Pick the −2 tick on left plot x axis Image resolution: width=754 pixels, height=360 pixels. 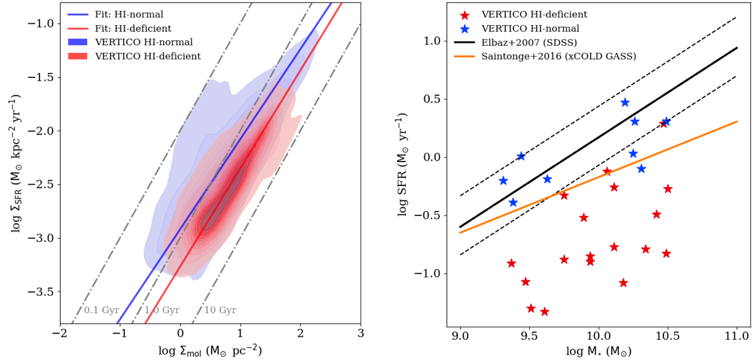point(60,334)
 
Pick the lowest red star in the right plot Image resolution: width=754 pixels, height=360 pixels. point(544,312)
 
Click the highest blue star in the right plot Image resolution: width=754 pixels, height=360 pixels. point(625,102)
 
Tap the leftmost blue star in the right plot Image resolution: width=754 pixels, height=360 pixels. point(503,181)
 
